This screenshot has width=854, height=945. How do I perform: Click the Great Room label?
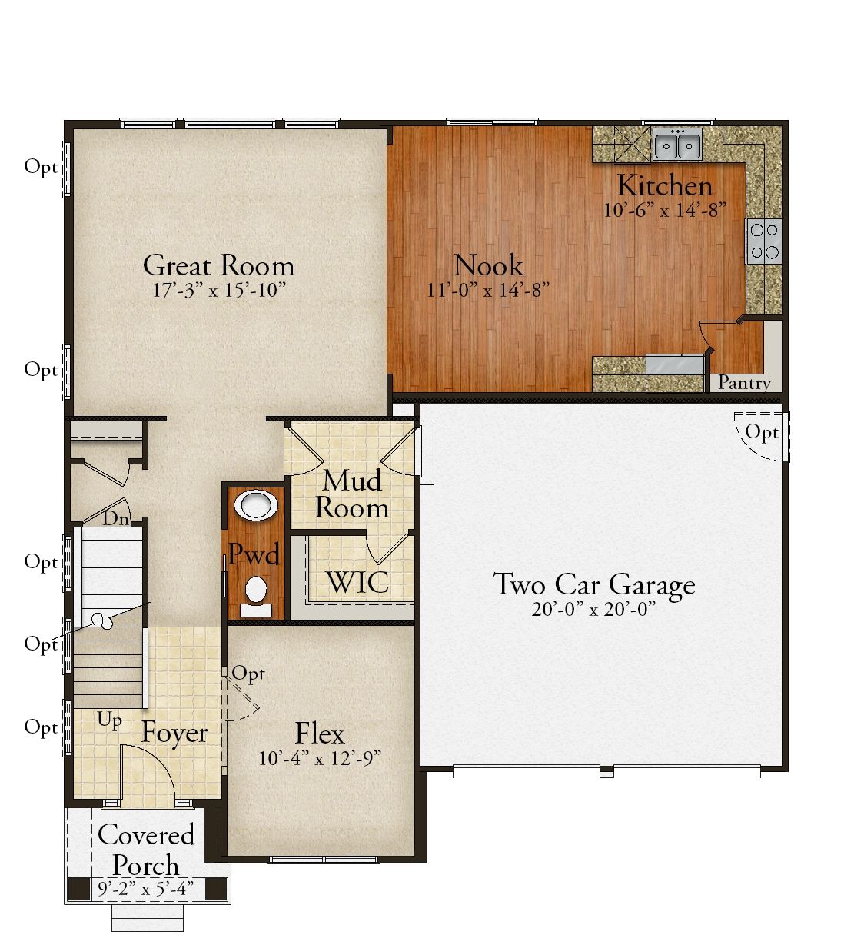coord(219,266)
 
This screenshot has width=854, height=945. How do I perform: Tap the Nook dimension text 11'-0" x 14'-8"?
coord(488,290)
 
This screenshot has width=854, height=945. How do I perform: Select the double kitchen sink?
coord(678,144)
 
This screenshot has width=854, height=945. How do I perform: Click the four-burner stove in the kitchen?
coord(763,241)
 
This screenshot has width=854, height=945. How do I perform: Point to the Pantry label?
coord(744,382)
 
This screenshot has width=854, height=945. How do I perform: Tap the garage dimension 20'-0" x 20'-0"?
coord(594,610)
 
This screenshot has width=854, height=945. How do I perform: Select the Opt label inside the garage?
coord(762,431)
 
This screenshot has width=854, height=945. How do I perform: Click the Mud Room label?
coord(352,494)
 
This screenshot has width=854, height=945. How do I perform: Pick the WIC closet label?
coord(358,583)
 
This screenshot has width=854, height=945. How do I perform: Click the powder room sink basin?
coord(256,505)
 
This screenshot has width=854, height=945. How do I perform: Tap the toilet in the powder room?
coord(256,597)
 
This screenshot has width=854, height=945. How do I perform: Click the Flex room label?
coord(320,734)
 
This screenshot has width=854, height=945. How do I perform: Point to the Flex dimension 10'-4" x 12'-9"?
coord(320,758)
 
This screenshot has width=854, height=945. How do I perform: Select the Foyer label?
coord(174,734)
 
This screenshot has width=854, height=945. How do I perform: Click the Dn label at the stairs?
coord(116,519)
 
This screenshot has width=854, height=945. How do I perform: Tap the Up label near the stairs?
coord(110,721)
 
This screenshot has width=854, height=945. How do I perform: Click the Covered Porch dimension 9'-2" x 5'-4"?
coord(145,889)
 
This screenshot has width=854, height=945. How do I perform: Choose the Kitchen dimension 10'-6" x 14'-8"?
coord(665,210)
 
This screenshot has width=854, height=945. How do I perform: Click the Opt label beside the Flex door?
coord(248,674)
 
